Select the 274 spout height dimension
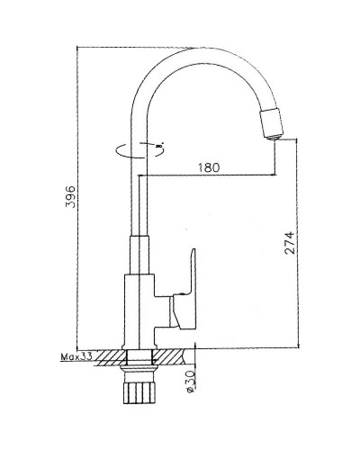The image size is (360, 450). coord(290,244)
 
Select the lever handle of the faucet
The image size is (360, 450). coord(187,287)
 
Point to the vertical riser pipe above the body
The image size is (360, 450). coord(139,198)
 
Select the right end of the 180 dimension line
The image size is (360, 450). coord(272,175)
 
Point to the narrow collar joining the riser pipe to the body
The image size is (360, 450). coord(139,256)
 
